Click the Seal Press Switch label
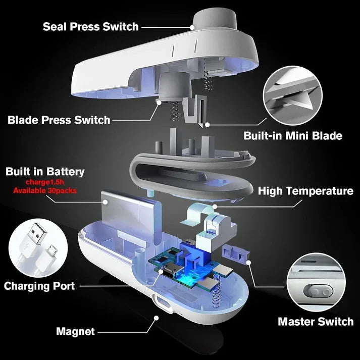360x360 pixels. coord(90,26)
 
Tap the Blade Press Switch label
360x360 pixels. coord(59,120)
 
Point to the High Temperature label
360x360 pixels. coord(305,191)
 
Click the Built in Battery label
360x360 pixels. coord(45,172)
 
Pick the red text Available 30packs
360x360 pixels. coord(45,190)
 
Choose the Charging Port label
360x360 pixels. coord(39,286)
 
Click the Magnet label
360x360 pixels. coord(76,332)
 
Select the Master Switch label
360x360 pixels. coord(316,322)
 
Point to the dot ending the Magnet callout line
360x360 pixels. coord(157,318)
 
